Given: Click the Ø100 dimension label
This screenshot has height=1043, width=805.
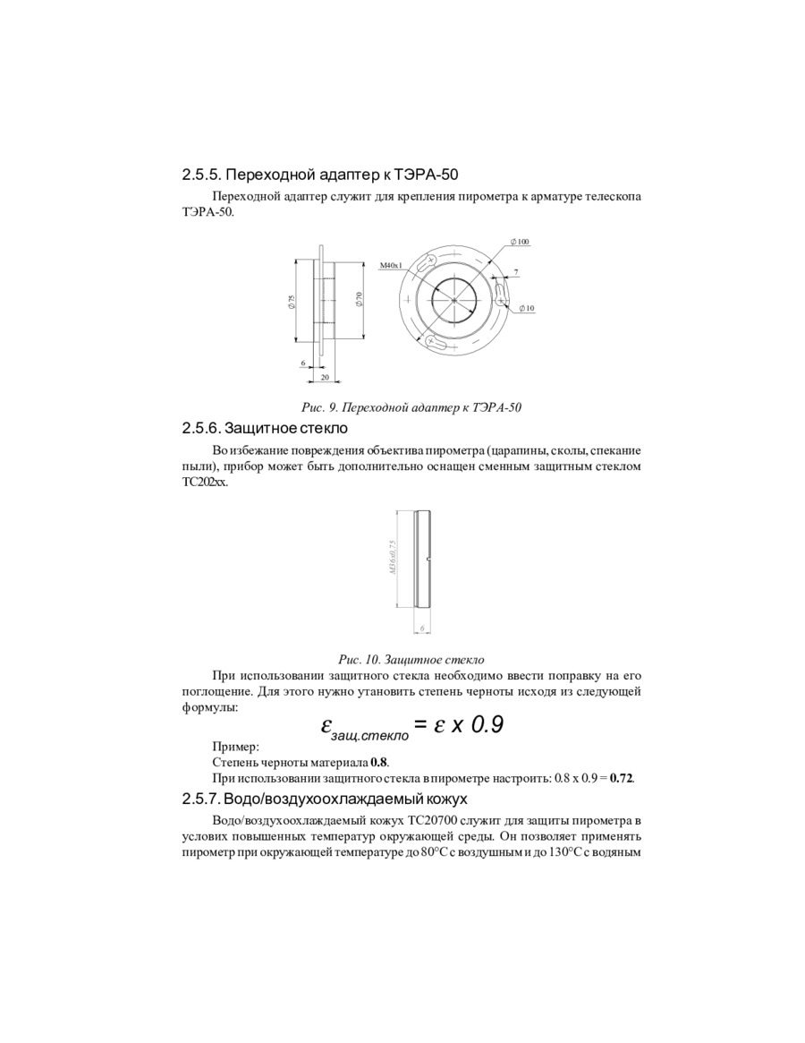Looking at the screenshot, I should pyautogui.click(x=520, y=242).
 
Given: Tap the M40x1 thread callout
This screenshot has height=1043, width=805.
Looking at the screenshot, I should pyautogui.click(x=391, y=266).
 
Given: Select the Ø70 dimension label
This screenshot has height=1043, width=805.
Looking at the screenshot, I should pyautogui.click(x=359, y=299).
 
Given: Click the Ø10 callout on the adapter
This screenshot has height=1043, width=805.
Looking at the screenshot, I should pyautogui.click(x=526, y=308).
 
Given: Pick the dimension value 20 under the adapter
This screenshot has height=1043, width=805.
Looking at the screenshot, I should pyautogui.click(x=324, y=377).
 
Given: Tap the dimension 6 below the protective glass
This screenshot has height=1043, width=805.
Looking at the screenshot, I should pyautogui.click(x=421, y=629).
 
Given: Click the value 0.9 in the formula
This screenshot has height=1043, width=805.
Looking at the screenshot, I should pyautogui.click(x=487, y=725).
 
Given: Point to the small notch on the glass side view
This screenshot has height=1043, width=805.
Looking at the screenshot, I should pyautogui.click(x=431, y=561).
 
